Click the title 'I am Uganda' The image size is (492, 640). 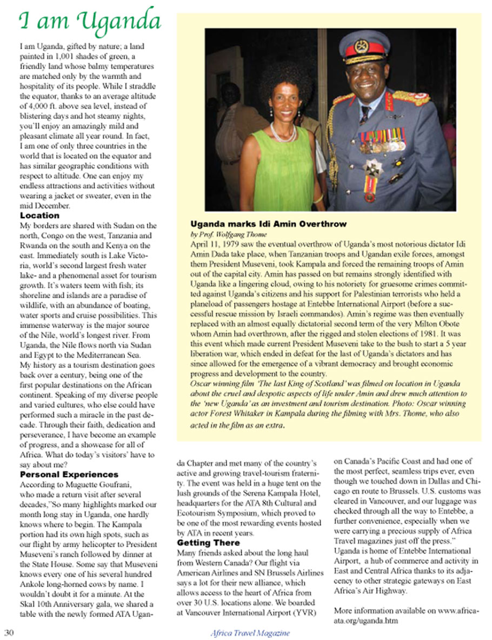tap(90, 21)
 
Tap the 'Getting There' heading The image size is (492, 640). tap(208, 542)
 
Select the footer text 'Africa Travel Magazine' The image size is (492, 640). tap(250, 633)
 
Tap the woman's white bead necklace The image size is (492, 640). tap(283, 133)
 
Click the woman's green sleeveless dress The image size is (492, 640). tap(276, 173)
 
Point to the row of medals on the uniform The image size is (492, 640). tap(382, 140)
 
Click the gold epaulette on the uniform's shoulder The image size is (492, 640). tap(410, 98)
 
